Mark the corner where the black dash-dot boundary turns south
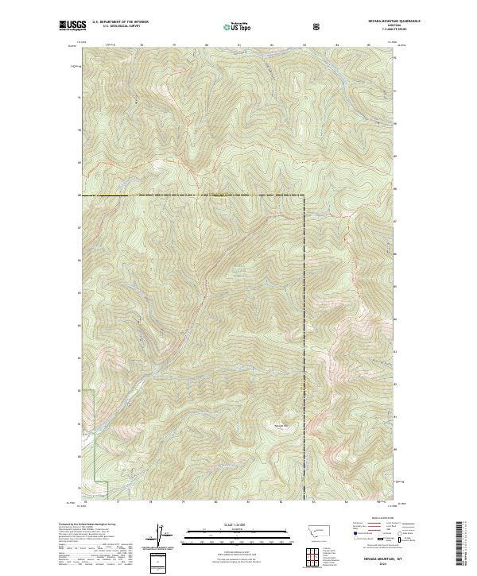(304, 195)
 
